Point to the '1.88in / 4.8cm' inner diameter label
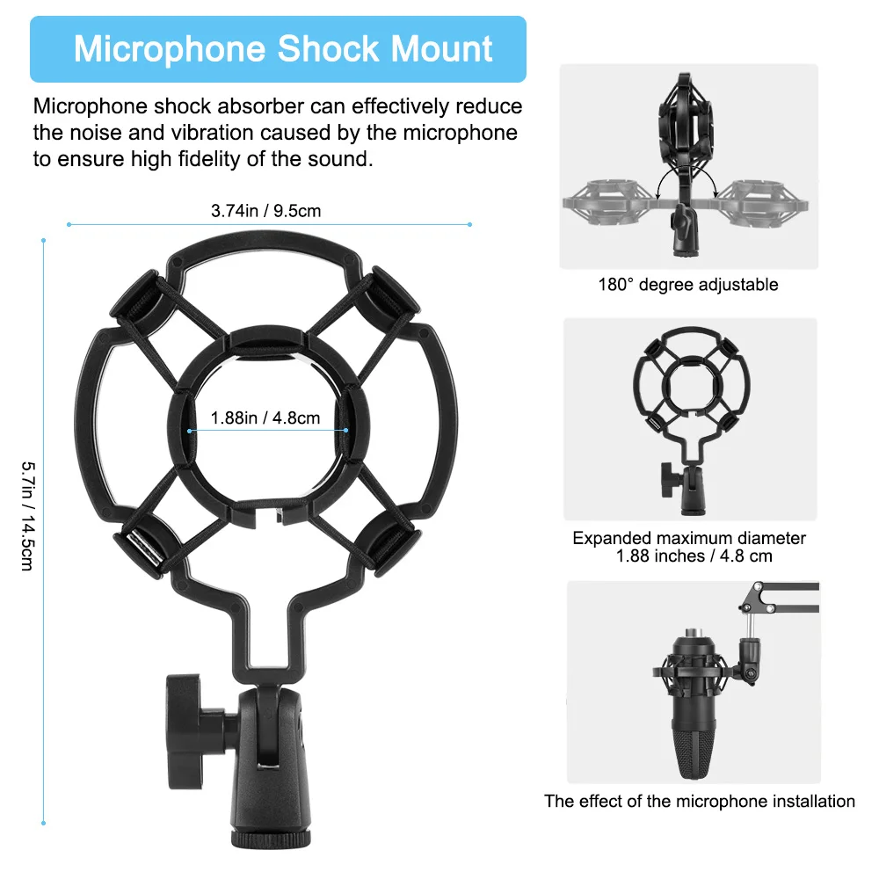265,418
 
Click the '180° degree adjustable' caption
688,284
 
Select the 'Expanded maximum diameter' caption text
689,538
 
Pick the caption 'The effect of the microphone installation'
699,801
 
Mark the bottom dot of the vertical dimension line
43,824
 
